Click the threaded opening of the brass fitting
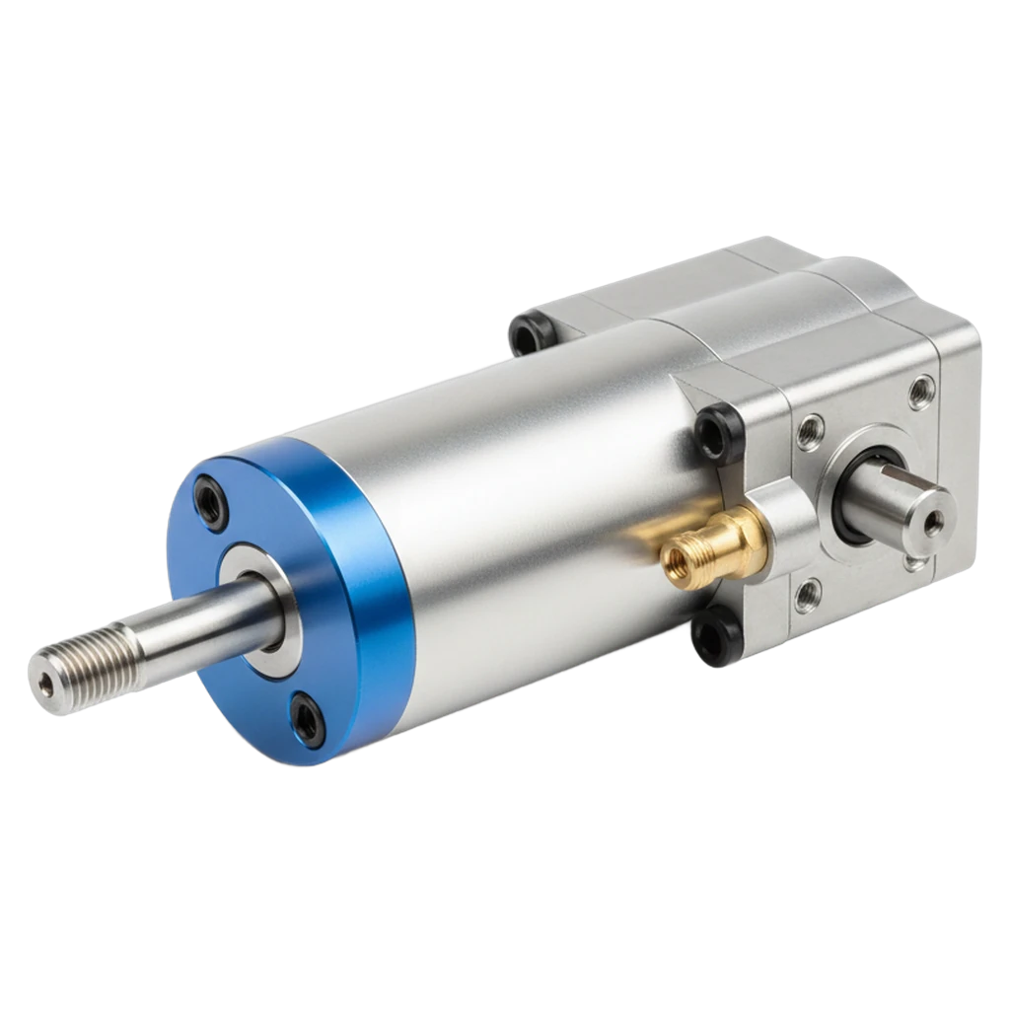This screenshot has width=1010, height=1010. pos(678,558)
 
